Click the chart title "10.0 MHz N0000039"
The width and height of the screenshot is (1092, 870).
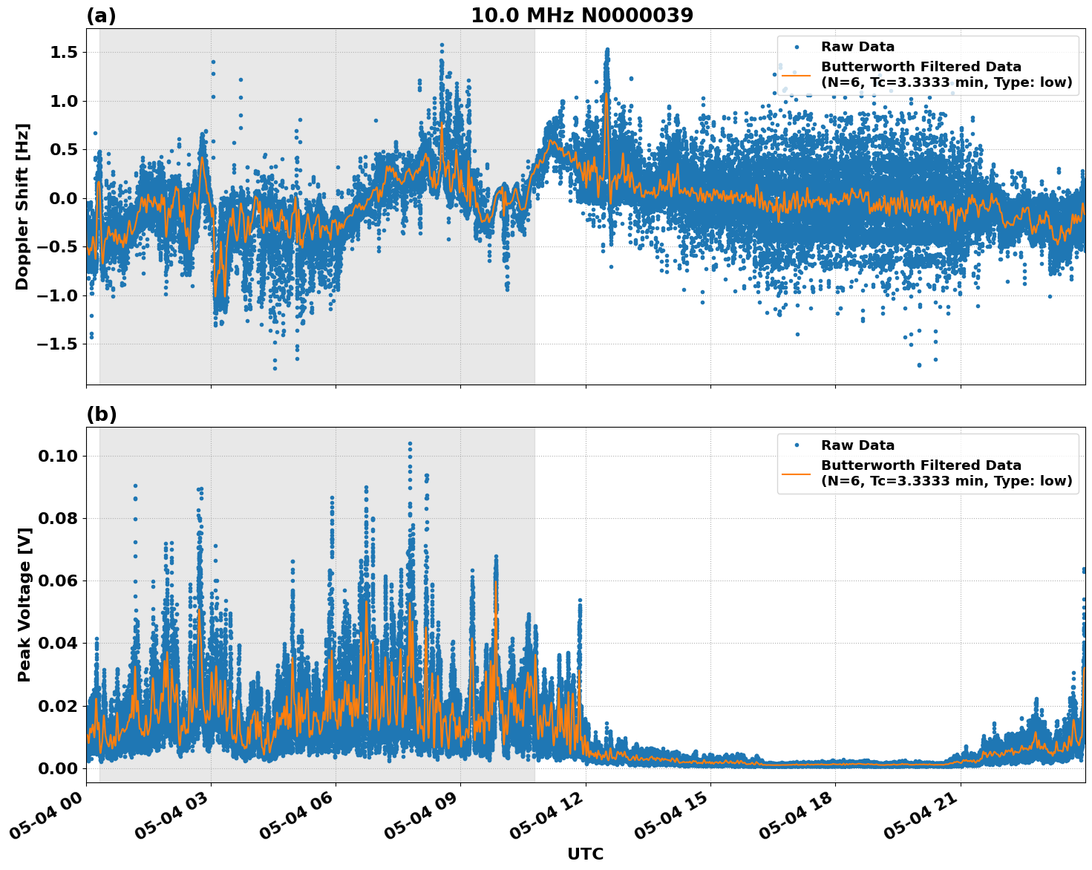(x=582, y=16)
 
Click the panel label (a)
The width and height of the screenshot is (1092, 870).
(x=101, y=16)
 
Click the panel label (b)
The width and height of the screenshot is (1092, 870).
(x=101, y=414)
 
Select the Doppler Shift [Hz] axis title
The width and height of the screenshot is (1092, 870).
(x=22, y=206)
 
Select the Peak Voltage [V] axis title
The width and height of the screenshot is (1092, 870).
(x=24, y=621)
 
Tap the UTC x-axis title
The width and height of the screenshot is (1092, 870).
(x=585, y=854)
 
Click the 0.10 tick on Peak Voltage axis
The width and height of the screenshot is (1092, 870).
(x=58, y=456)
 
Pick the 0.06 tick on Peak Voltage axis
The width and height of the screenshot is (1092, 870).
(x=58, y=580)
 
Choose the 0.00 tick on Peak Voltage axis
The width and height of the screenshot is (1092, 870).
(x=58, y=768)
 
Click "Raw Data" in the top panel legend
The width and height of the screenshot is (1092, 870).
(x=857, y=47)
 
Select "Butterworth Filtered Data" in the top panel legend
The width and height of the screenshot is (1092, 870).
(x=921, y=67)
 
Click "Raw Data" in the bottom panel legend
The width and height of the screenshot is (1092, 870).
(x=857, y=445)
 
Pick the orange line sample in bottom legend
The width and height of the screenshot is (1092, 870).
(x=797, y=473)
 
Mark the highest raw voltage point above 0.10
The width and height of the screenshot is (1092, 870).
(x=410, y=443)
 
